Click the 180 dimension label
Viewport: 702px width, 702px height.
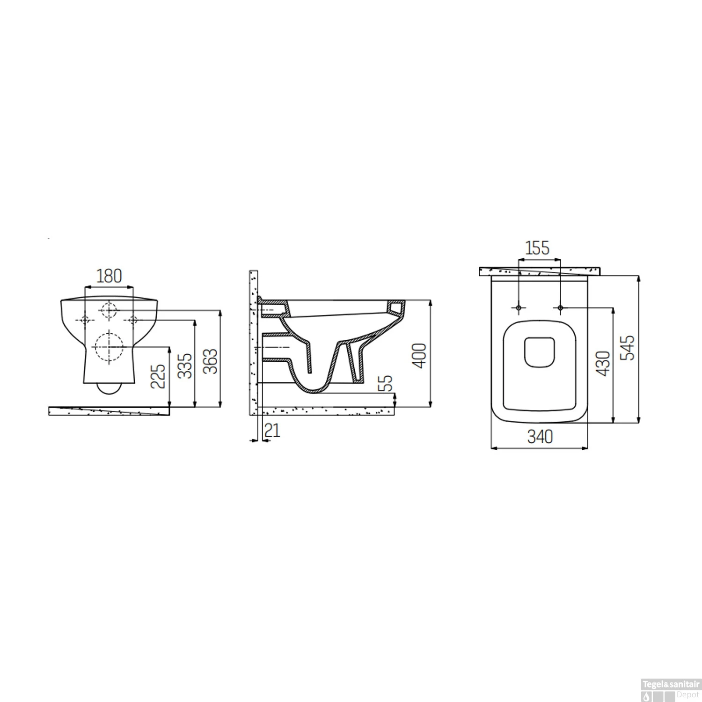coord(109,276)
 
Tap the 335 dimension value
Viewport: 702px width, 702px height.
coord(185,366)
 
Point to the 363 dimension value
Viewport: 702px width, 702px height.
coord(211,361)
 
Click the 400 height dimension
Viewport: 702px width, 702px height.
coord(421,356)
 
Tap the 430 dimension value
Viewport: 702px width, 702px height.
coord(604,363)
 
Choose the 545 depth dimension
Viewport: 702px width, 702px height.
coord(630,347)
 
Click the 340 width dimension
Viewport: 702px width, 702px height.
coord(540,437)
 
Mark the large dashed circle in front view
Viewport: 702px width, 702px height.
coord(109,347)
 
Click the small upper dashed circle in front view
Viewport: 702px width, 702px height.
coord(109,309)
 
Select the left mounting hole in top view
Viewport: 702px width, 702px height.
coord(518,307)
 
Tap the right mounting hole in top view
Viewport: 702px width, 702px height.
coord(560,307)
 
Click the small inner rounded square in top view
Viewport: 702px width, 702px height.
coord(539,352)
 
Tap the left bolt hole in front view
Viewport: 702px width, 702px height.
coord(85,320)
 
